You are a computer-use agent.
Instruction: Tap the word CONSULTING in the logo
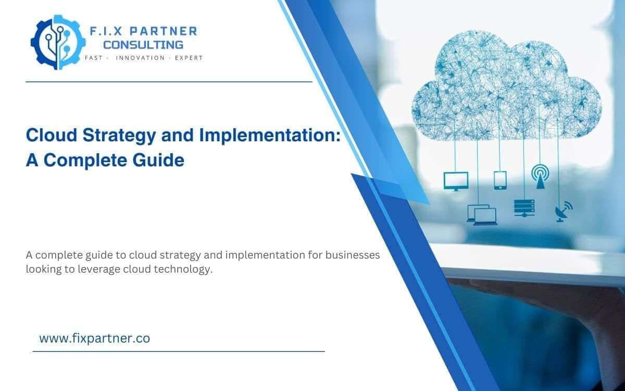143,45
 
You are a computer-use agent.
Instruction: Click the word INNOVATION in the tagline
140,58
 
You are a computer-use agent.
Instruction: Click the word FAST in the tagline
94,58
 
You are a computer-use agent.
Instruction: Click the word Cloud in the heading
50,136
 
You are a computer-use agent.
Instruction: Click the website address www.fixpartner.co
94,338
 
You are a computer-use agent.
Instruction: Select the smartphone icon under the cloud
500,179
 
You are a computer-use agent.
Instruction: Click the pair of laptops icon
482,214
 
